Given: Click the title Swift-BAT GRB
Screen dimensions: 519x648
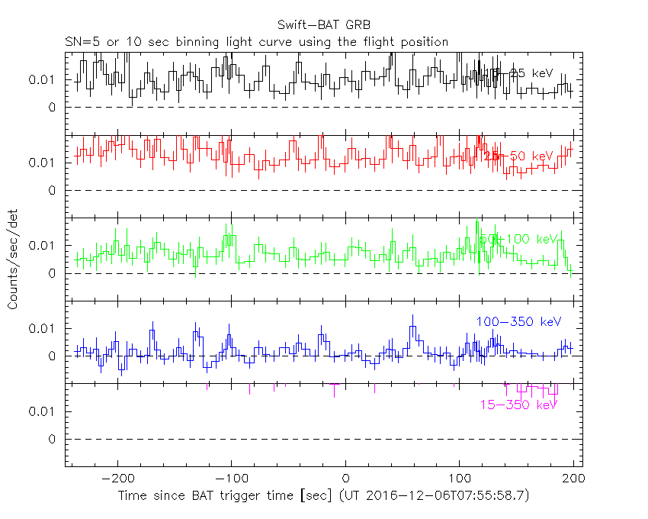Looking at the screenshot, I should click(324, 24).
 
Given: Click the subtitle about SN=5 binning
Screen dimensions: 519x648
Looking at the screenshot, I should click(256, 41).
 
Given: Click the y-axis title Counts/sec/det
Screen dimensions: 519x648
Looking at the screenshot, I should click(13, 261).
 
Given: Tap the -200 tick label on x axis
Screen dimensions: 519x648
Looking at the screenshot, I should click(117, 479).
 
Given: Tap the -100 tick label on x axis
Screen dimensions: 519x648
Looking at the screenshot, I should click(231, 479).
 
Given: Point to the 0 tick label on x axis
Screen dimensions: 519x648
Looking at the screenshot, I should click(345, 479).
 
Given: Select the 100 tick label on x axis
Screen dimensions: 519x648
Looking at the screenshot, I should click(460, 479).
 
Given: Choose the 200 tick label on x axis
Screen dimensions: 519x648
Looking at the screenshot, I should click(573, 479).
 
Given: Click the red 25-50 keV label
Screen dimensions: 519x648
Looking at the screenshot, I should click(518, 156).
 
